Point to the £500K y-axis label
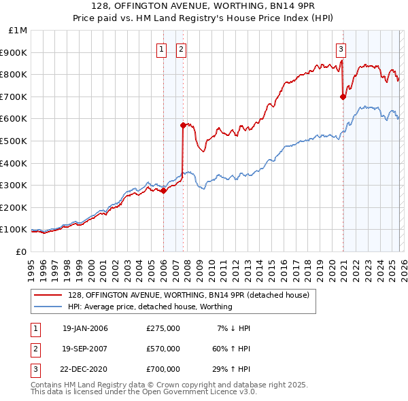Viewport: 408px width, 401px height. point(14,141)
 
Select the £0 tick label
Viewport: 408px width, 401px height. point(20,251)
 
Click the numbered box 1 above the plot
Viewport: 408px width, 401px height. point(162,49)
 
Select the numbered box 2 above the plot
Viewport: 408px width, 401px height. point(182,49)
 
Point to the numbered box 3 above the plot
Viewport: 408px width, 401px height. point(341,49)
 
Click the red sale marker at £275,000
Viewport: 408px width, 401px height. point(163,190)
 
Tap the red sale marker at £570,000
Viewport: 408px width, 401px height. point(183,125)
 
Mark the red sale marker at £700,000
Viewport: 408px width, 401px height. point(343,97)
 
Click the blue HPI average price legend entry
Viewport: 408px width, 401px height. point(150,307)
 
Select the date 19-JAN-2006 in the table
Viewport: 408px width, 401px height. point(84,328)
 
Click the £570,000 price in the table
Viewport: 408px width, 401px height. point(163,349)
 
